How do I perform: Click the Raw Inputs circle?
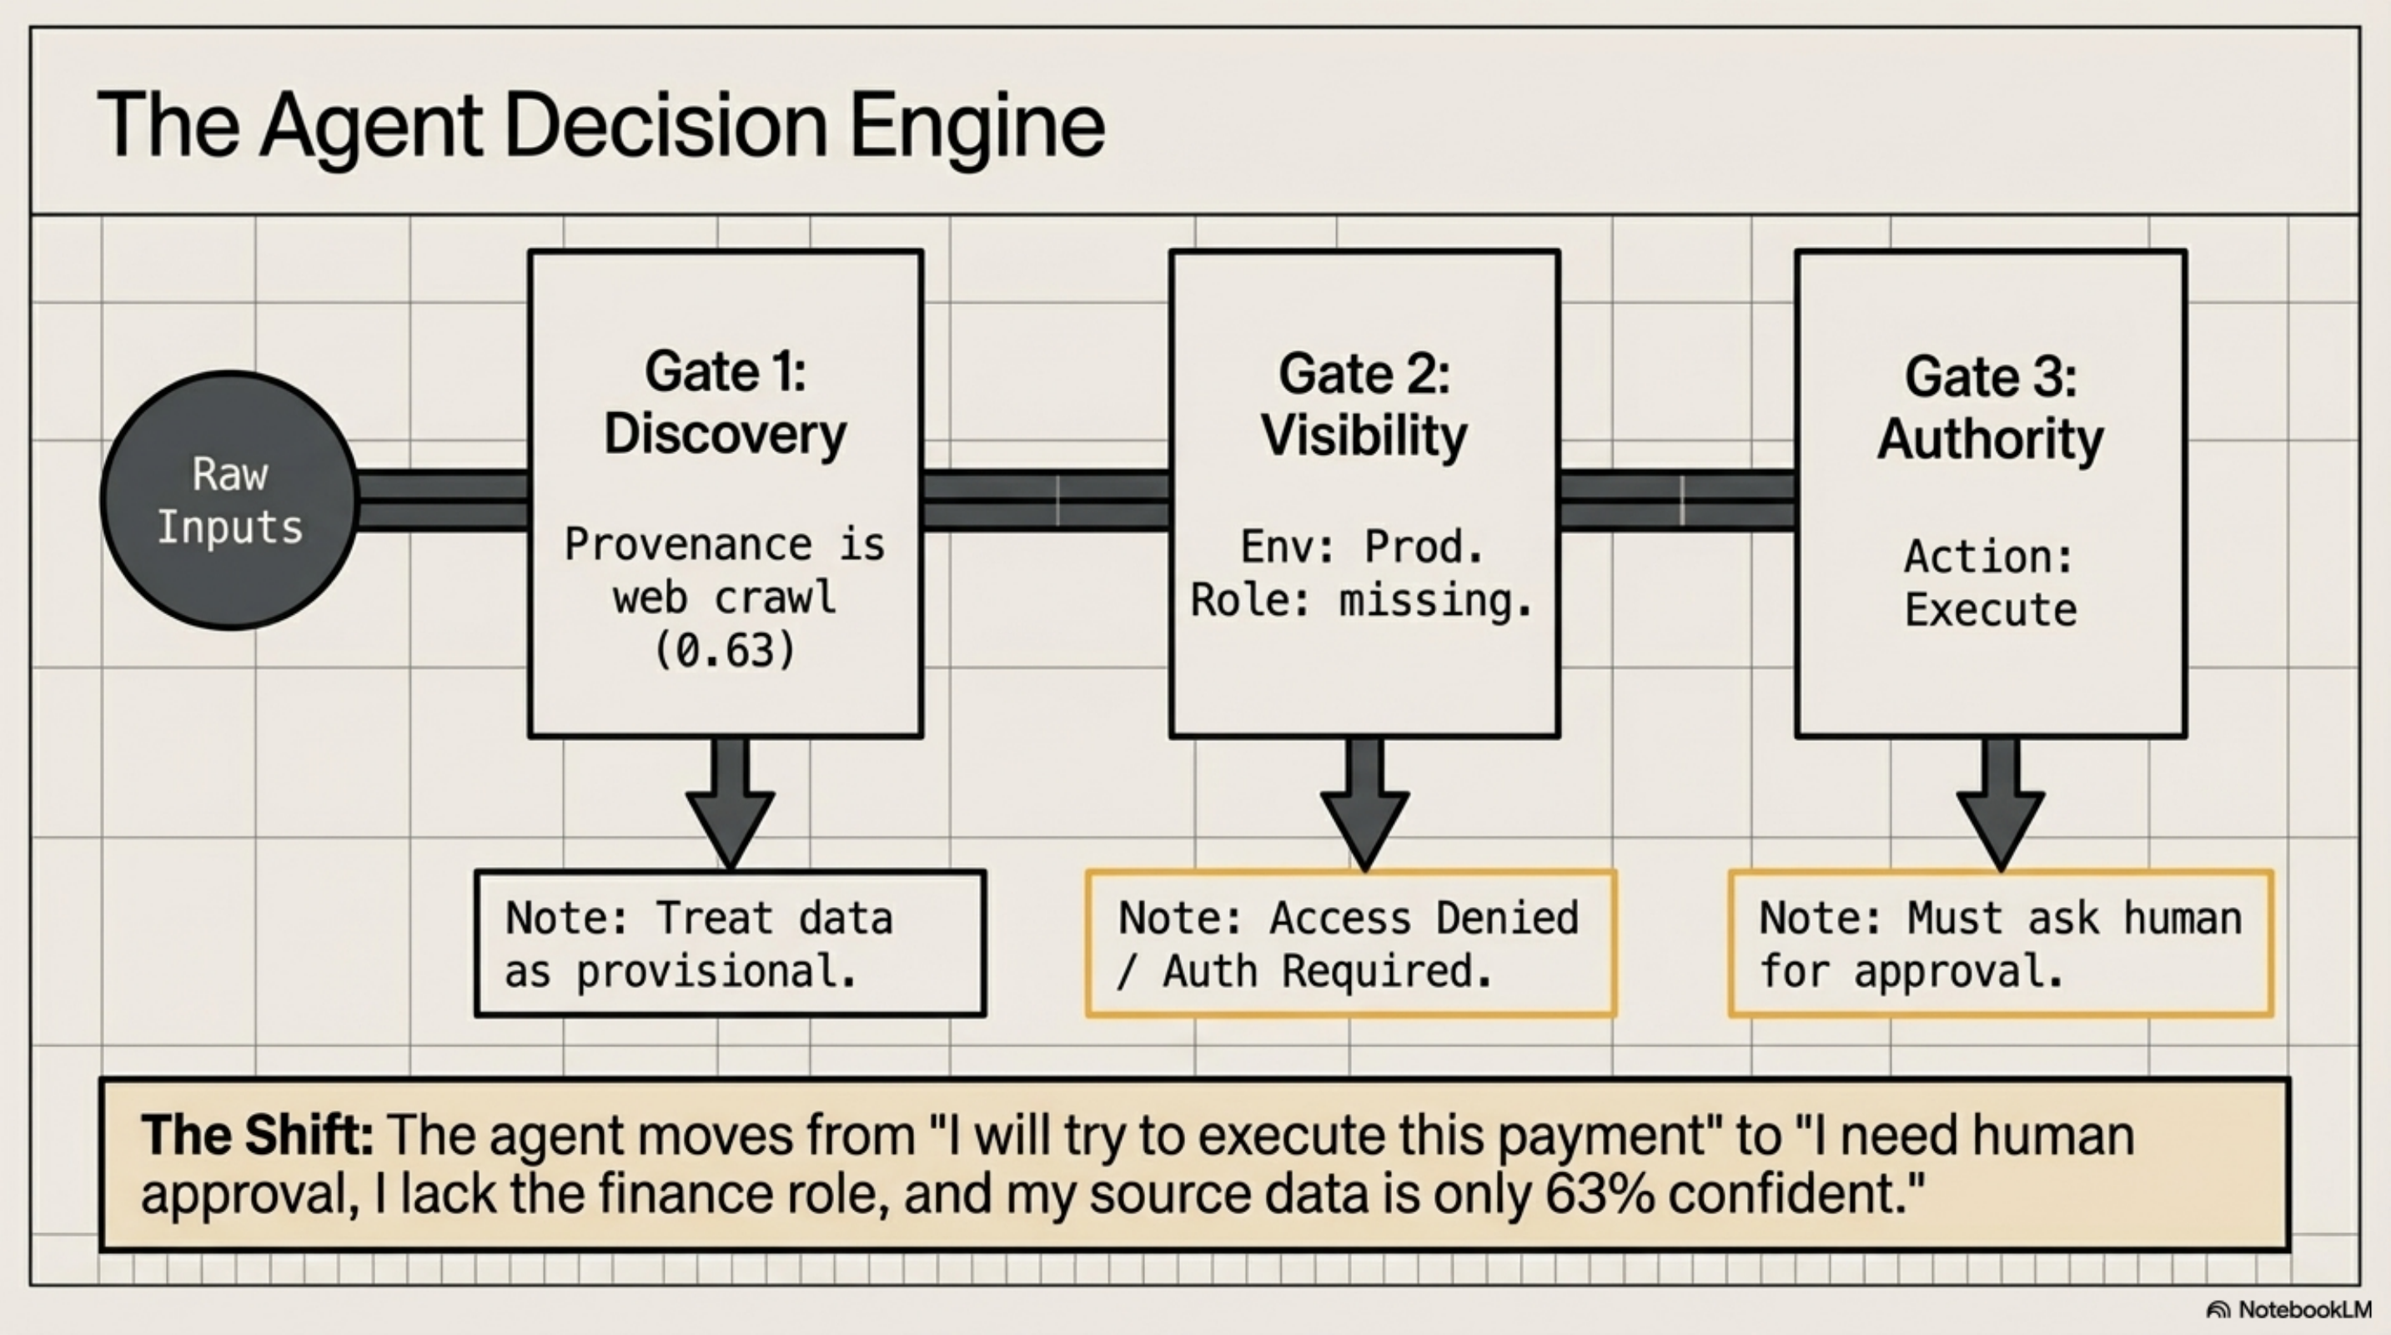coord(229,501)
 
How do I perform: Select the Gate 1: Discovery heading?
coord(725,402)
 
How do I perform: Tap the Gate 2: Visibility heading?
coord(1364,404)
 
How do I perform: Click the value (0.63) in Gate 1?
coord(725,650)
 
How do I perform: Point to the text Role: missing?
coord(1361,601)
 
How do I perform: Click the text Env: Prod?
coord(1362,547)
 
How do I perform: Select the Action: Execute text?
coord(1990,583)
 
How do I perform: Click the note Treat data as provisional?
coord(730,943)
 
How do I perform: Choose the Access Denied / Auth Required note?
coord(1350,943)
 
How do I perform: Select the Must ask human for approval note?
coord(2000,943)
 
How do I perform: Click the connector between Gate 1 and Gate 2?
coord(1045,501)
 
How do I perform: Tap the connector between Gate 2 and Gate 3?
coord(1676,501)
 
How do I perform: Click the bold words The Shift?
coord(257,1135)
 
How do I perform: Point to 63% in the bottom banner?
coord(1600,1194)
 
